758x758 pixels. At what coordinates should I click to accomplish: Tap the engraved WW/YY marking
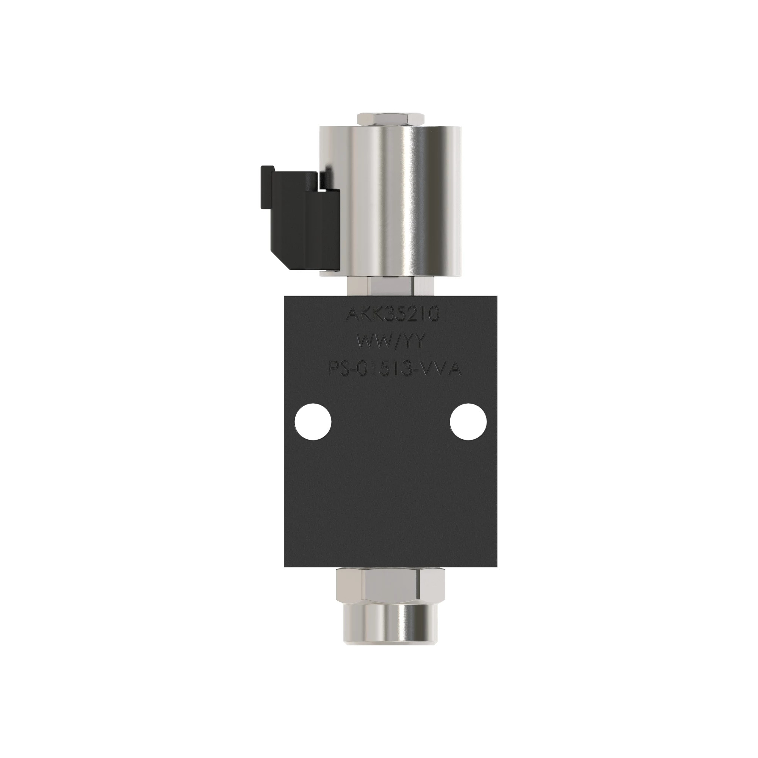pos(391,342)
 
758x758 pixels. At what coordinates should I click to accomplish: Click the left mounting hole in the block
pos(313,422)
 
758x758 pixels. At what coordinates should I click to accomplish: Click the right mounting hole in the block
pos(468,422)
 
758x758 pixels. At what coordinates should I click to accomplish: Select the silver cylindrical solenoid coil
pos(391,200)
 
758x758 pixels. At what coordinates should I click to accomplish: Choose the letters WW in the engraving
pos(370,342)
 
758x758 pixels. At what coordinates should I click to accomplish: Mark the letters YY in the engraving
pos(413,342)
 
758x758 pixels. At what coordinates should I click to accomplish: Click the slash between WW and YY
pos(392,342)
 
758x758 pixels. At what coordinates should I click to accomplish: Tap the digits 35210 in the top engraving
pos(410,315)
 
